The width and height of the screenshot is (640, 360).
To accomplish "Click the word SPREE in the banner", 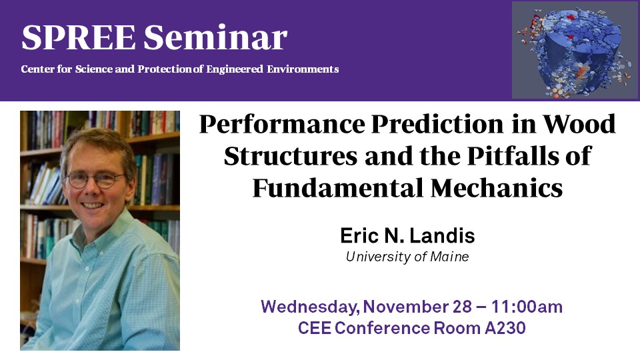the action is click(x=79, y=37).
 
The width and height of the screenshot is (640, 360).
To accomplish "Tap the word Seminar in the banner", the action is click(x=215, y=37).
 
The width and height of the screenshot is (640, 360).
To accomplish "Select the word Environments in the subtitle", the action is click(x=303, y=69).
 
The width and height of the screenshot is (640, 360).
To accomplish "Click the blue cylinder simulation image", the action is click(x=575, y=50).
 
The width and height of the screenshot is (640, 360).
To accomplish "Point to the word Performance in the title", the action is click(x=282, y=124).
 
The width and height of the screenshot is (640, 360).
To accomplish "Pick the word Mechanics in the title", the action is click(x=497, y=188).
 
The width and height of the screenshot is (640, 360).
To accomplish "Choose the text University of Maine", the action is click(x=407, y=257).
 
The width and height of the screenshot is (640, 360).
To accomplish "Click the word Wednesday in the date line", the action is click(x=310, y=307).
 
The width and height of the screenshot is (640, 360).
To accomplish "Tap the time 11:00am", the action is click(x=527, y=307).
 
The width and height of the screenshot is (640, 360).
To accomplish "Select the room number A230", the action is click(x=505, y=328).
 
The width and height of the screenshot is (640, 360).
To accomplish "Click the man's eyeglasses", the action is click(x=95, y=179).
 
